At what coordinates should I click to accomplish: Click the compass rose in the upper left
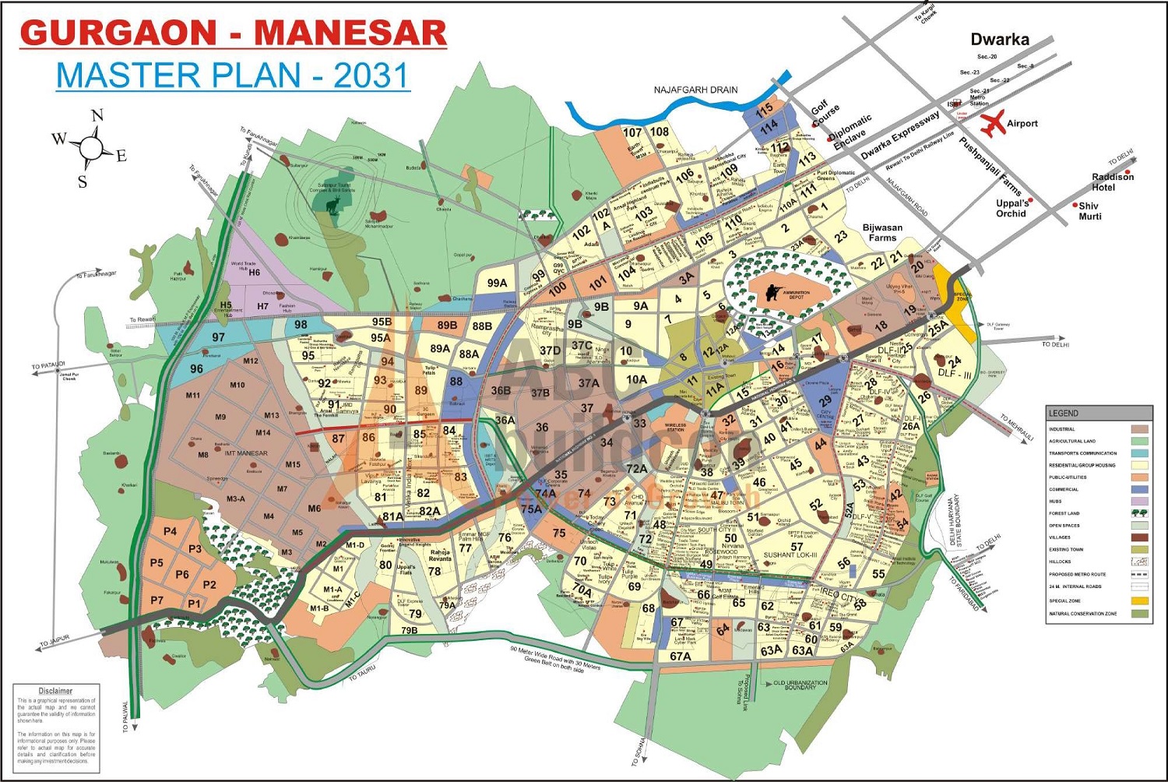click(91, 148)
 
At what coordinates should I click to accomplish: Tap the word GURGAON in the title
click(118, 33)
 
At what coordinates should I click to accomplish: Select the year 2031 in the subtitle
click(371, 76)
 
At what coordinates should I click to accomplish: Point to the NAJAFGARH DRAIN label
click(695, 90)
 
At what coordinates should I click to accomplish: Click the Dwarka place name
click(999, 39)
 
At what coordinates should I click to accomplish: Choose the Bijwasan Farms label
click(882, 233)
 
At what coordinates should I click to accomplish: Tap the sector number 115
click(764, 108)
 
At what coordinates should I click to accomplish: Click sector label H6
click(254, 273)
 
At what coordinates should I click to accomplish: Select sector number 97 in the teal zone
click(218, 337)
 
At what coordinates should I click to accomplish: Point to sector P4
click(170, 531)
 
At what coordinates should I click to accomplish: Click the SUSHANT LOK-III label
click(790, 555)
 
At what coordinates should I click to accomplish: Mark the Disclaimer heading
click(55, 691)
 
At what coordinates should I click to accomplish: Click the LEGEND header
click(1063, 413)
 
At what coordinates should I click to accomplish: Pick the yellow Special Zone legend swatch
click(1139, 601)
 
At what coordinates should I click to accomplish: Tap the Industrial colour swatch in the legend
click(1139, 429)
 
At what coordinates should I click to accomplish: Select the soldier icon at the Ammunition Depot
click(771, 293)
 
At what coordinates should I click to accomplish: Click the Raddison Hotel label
click(1113, 182)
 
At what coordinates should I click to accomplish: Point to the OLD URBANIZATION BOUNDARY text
click(800, 685)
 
